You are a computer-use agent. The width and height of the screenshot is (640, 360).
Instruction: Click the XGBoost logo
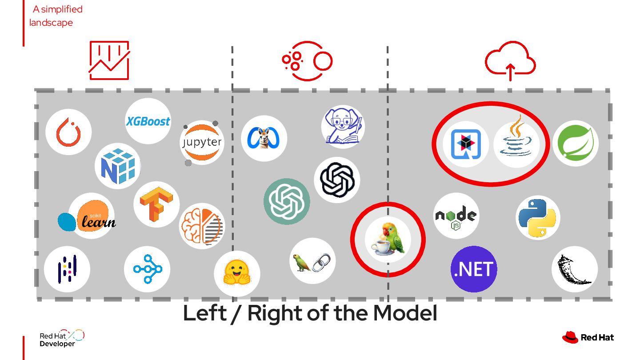(148, 121)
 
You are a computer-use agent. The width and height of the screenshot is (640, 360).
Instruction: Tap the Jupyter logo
(202, 143)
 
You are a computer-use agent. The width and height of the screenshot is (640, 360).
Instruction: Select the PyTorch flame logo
(68, 132)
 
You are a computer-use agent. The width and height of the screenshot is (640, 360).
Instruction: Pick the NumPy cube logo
(117, 166)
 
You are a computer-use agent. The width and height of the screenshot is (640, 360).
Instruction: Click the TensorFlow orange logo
(156, 204)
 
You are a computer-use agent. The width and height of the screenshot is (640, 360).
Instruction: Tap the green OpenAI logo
(287, 201)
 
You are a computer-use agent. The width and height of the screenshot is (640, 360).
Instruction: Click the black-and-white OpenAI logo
(337, 180)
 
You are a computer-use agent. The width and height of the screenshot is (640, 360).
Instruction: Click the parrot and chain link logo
(312, 261)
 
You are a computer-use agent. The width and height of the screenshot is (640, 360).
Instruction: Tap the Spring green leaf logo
(575, 144)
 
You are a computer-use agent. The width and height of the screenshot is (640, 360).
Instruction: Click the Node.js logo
(456, 216)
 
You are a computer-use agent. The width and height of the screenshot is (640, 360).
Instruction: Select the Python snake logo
(538, 218)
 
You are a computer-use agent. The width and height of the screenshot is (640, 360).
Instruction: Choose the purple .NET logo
(474, 269)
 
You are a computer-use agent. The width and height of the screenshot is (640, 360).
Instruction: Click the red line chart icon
(109, 60)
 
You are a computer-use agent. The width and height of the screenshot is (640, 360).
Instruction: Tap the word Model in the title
(405, 313)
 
